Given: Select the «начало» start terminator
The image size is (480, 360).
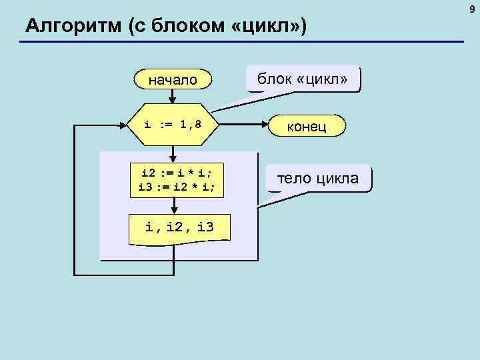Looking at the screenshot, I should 173,80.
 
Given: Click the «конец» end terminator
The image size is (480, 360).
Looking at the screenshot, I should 306,126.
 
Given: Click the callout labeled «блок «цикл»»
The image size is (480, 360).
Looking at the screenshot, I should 303,79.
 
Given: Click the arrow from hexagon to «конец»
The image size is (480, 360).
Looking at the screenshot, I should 244,125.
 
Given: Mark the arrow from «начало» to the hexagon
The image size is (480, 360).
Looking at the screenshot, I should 173,97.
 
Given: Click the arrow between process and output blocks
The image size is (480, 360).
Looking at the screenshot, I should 173,206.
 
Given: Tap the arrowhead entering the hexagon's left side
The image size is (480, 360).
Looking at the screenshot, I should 123,125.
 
